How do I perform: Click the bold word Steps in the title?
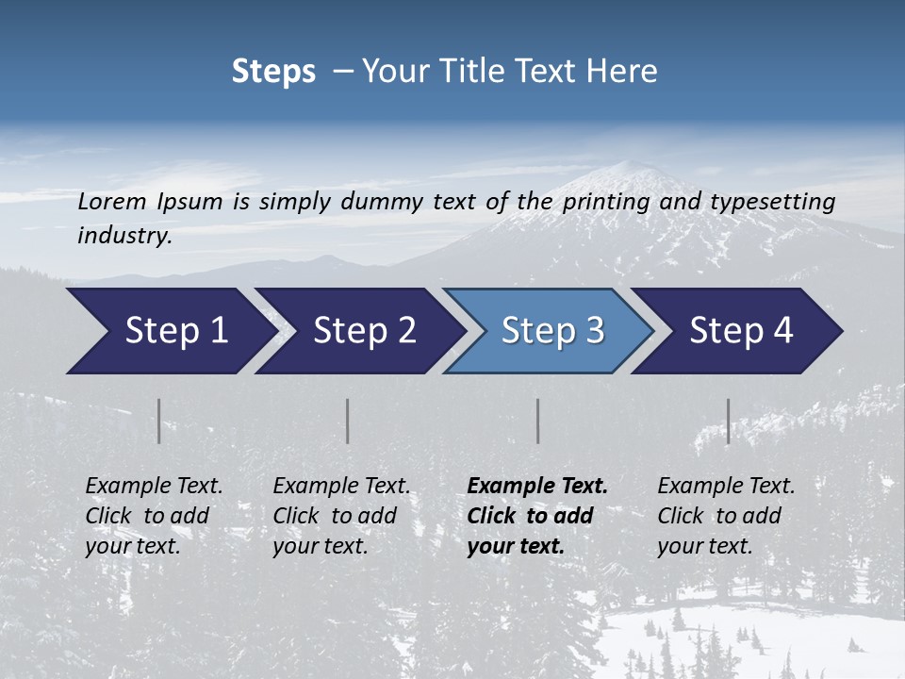(x=273, y=72)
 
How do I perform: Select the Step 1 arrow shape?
(x=170, y=331)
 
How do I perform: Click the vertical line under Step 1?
(x=159, y=421)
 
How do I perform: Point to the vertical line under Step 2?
(x=348, y=421)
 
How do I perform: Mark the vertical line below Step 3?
(x=538, y=421)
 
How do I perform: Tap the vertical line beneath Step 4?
(x=729, y=421)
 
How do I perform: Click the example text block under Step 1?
(x=154, y=516)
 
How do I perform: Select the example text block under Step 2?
(x=341, y=516)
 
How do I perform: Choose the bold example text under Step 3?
(x=537, y=516)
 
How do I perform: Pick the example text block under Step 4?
(x=726, y=516)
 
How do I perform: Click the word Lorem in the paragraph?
(x=111, y=202)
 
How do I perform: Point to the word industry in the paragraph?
(x=124, y=236)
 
